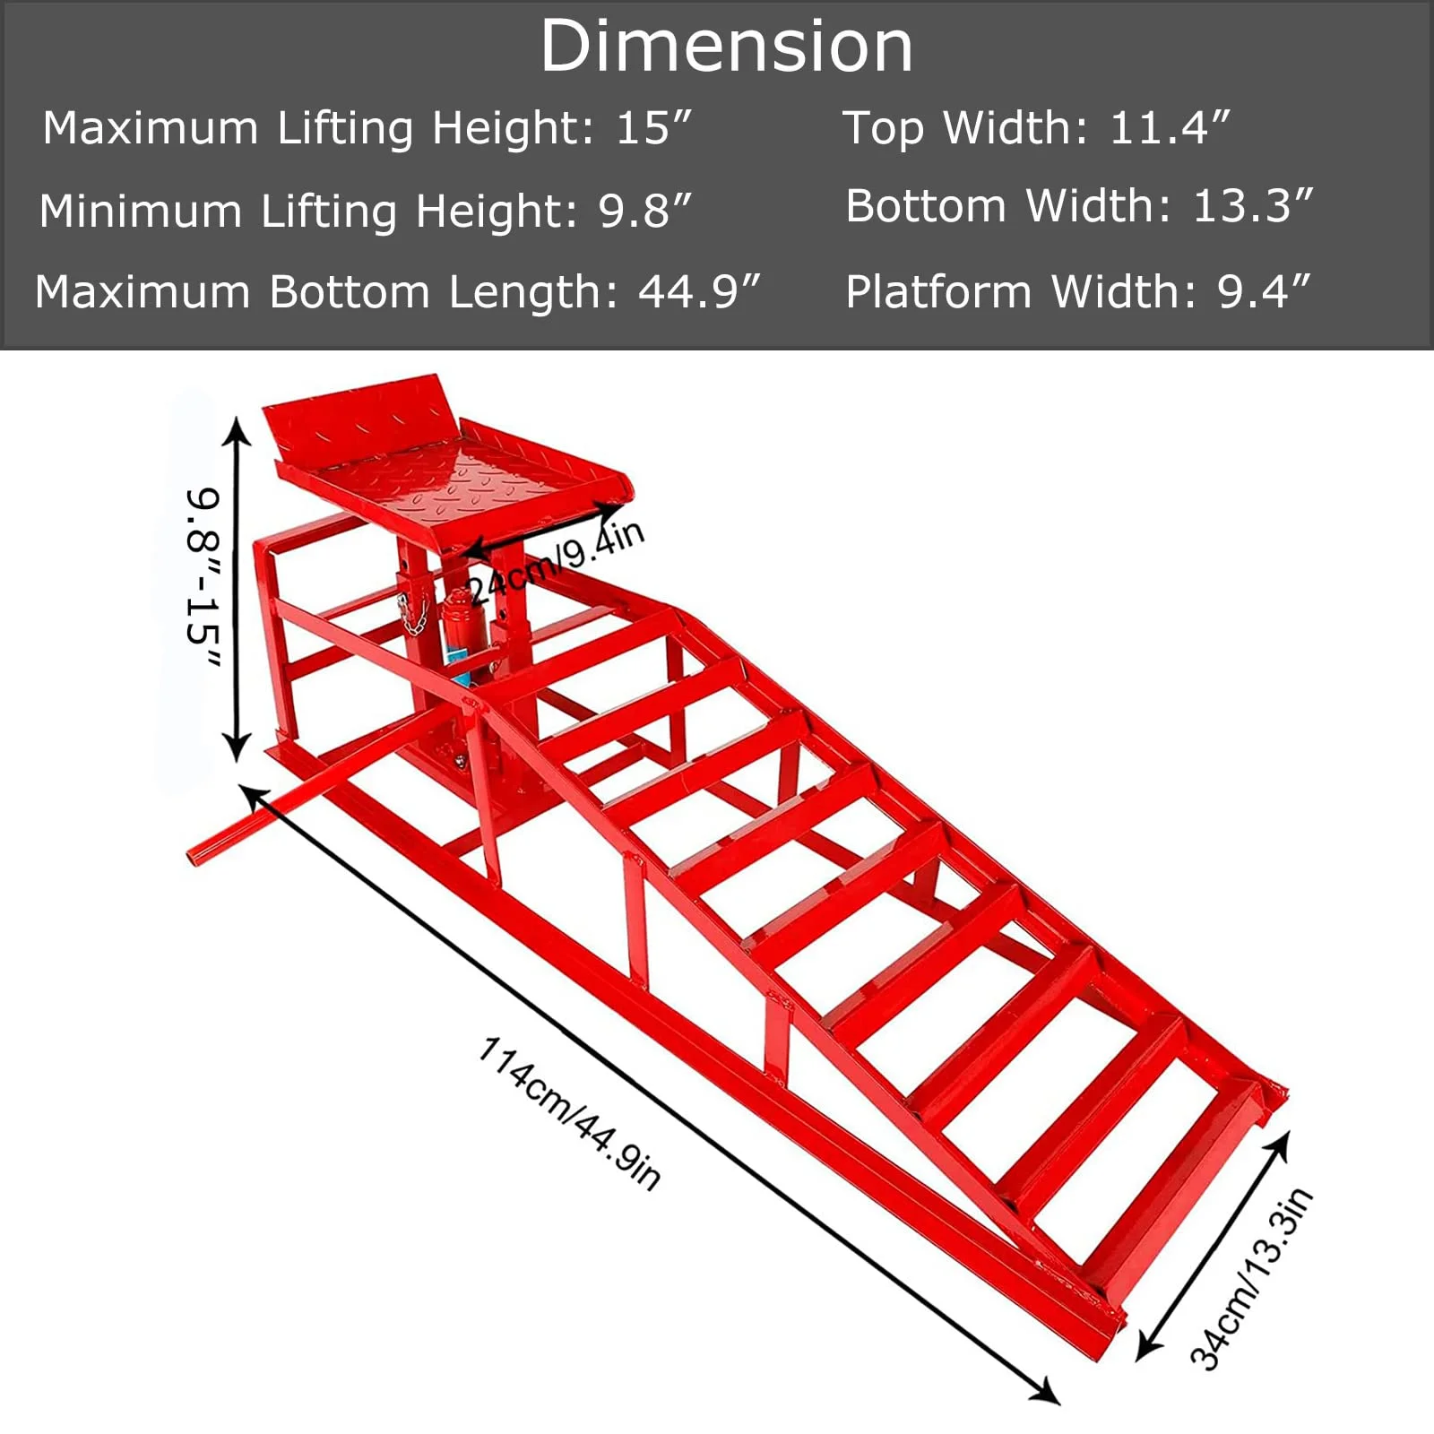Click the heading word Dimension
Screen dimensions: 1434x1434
pyautogui.click(x=726, y=47)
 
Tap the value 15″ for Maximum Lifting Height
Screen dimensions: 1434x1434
pyautogui.click(x=654, y=128)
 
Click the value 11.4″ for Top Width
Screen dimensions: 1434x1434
pyautogui.click(x=1170, y=128)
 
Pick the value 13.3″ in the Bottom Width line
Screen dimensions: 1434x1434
pyautogui.click(x=1252, y=206)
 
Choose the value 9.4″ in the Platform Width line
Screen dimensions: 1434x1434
pyautogui.click(x=1264, y=292)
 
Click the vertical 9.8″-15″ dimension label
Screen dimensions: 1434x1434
pyautogui.click(x=203, y=578)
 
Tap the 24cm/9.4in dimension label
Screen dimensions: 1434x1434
pyautogui.click(x=556, y=562)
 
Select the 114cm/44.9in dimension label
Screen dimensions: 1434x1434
pyautogui.click(x=570, y=1112)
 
